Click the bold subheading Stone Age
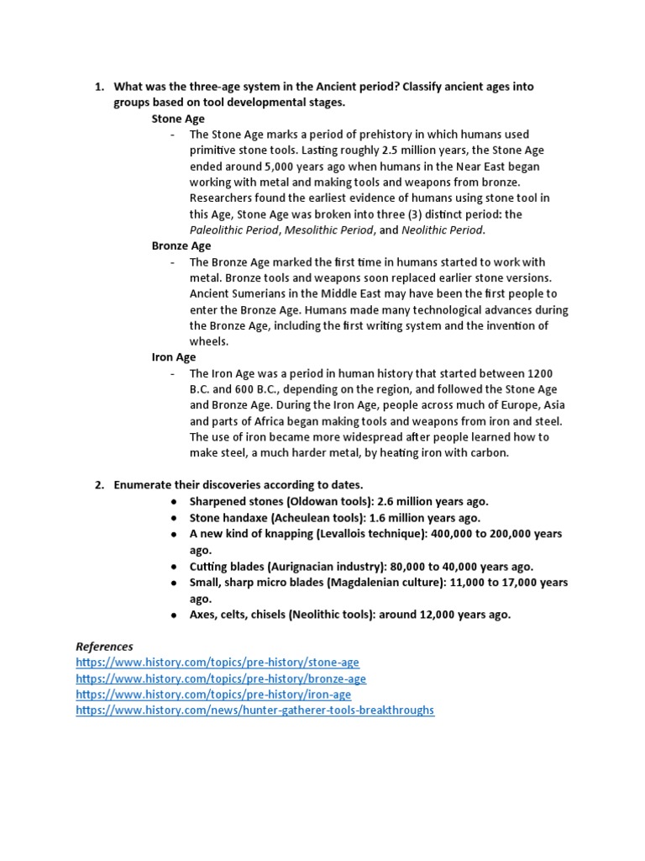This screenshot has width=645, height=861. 178,119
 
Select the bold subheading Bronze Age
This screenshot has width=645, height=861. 181,246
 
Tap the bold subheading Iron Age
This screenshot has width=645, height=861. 174,357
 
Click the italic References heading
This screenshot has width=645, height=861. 104,647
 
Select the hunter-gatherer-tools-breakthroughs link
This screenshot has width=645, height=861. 255,710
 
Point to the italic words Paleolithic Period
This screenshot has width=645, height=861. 233,230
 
